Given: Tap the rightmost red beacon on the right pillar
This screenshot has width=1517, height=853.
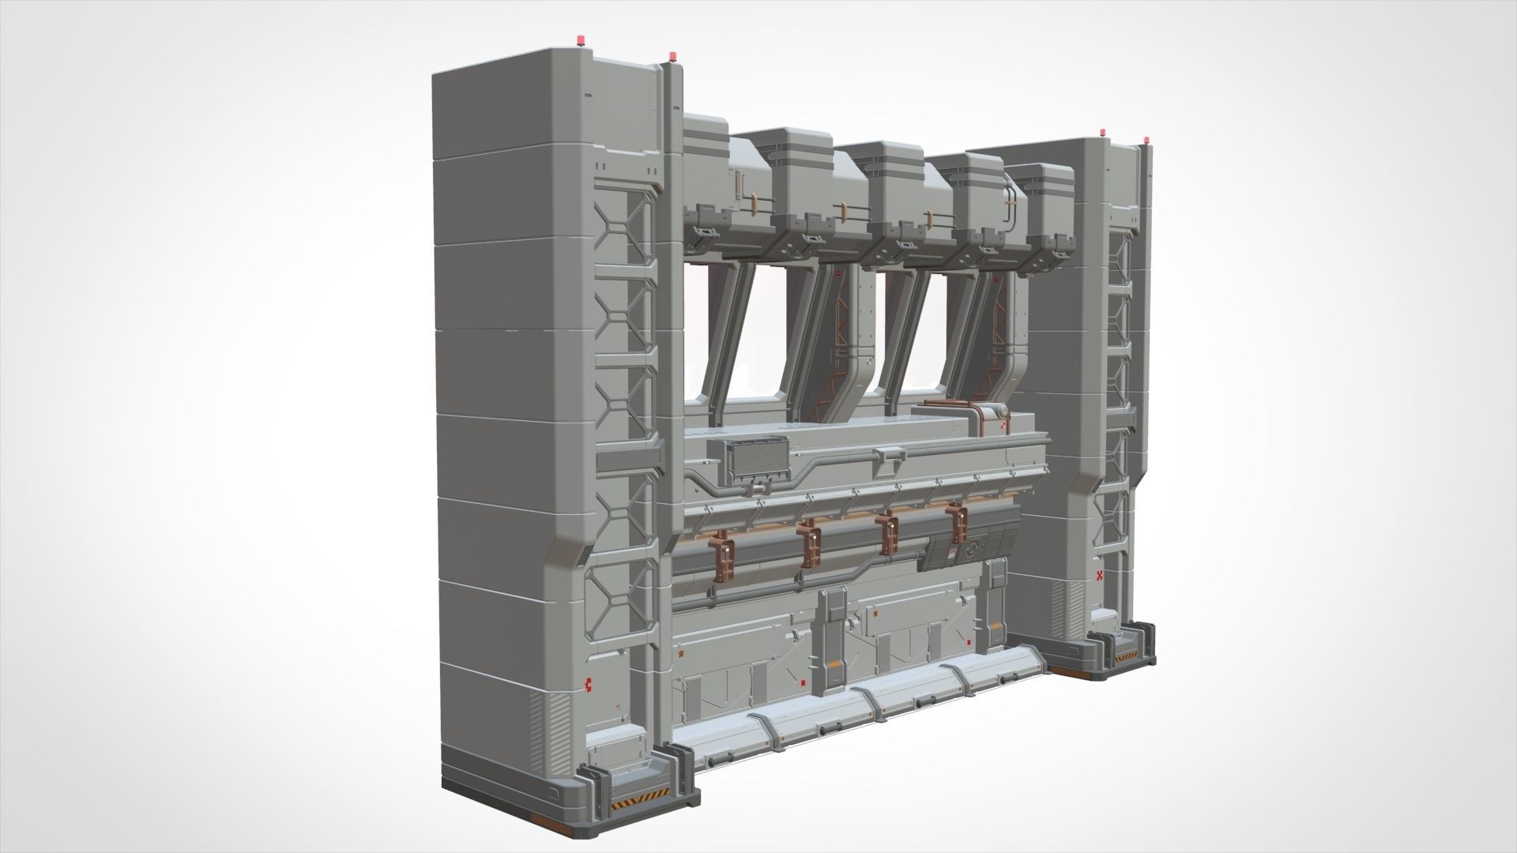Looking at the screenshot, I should click(x=1145, y=141).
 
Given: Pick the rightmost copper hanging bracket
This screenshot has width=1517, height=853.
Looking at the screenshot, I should click(x=960, y=522).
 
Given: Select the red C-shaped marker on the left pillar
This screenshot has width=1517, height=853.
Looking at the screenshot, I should click(x=587, y=683).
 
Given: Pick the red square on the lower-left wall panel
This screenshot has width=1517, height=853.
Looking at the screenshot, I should click(x=803, y=684).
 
